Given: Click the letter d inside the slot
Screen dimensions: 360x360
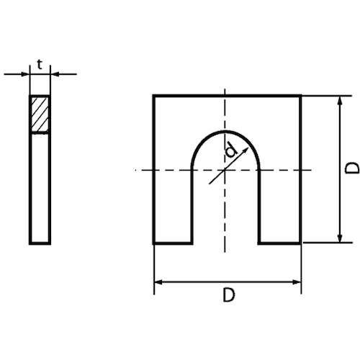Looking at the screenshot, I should [230, 151].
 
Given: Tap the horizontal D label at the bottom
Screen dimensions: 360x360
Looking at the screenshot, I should [227, 295].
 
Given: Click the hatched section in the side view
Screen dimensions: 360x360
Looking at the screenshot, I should [40, 114].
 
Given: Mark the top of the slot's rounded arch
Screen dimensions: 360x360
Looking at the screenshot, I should [226, 132].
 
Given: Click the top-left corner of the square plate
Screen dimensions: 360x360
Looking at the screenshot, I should [154, 95].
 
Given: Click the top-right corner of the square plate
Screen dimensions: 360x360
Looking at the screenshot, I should [300, 95].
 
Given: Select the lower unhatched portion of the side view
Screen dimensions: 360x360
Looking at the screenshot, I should [40, 187].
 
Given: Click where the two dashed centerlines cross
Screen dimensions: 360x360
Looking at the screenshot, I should [226, 169].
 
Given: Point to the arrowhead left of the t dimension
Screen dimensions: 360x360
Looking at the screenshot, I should [25, 73].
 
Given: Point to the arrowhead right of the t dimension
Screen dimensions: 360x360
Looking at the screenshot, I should [55, 73].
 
